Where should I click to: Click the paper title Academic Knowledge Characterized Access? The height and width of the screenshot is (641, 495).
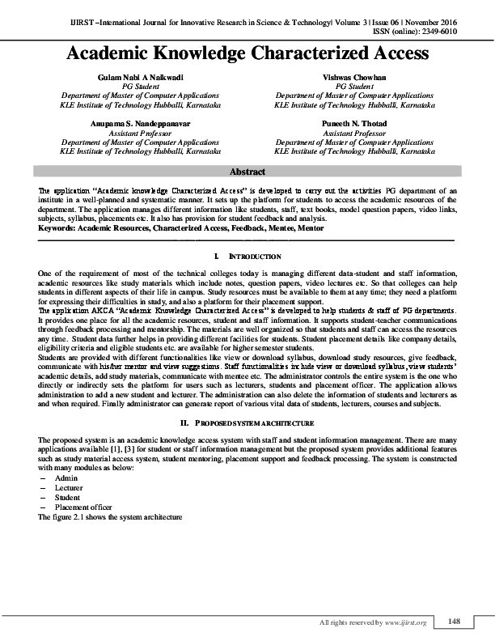point(247,54)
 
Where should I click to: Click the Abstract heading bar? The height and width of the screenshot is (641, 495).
point(247,172)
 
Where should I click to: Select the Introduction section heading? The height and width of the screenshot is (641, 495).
point(247,257)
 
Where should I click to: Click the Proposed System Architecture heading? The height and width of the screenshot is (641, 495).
point(247,423)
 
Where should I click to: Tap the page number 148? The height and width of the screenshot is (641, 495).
point(454,621)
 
